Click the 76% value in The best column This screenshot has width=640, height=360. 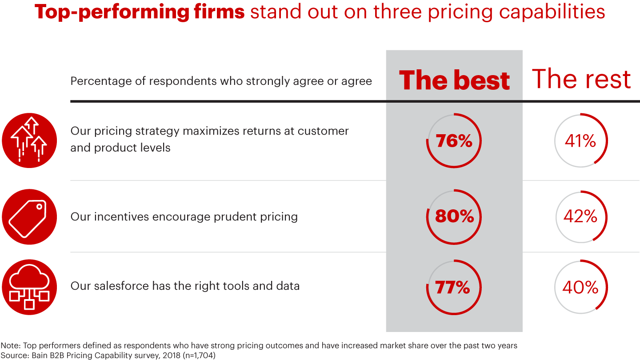click(x=454, y=141)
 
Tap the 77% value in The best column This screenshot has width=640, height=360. click(x=453, y=287)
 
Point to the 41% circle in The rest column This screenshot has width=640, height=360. click(x=580, y=141)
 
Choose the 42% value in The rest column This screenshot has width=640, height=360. click(x=580, y=216)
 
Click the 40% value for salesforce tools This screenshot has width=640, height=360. click(x=580, y=287)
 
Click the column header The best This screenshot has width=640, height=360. click(x=454, y=80)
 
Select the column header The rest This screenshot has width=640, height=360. click(x=581, y=79)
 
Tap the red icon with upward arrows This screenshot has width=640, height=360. click(x=29, y=140)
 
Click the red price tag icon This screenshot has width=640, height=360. click(x=29, y=216)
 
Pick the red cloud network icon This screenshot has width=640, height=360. click(x=29, y=287)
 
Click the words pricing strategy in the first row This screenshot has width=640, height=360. click(x=135, y=131)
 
